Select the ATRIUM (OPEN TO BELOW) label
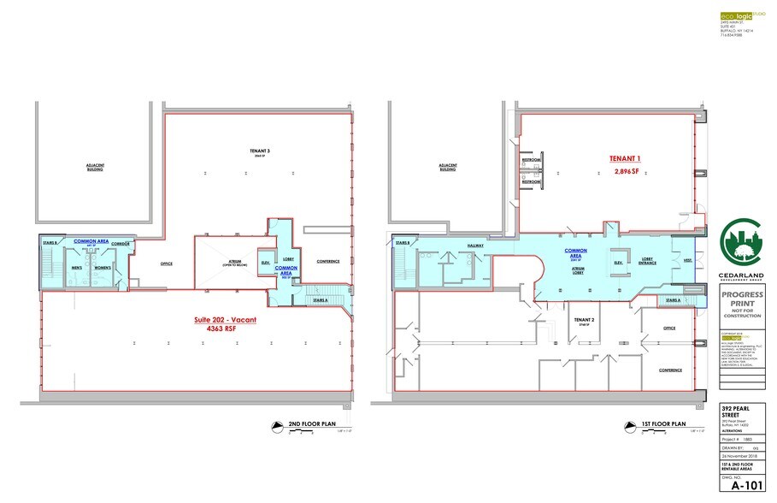point(228,263)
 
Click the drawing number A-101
point(739,485)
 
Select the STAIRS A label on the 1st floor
point(671,300)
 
